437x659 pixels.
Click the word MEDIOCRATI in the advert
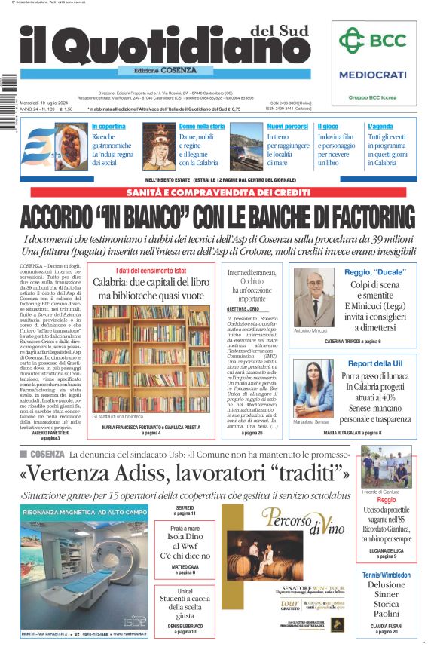(372, 75)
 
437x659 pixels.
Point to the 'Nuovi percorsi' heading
(287, 127)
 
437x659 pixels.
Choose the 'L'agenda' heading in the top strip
(380, 127)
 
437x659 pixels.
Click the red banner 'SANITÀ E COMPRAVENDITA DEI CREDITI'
(218, 192)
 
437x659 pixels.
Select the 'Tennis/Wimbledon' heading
(386, 575)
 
